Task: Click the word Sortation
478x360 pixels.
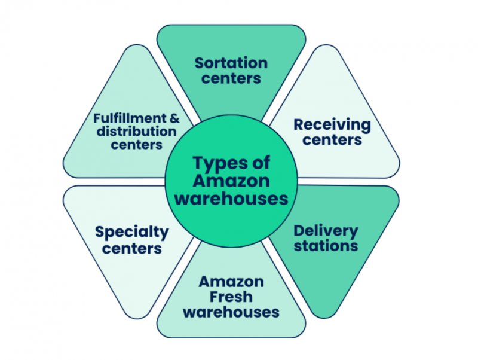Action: [231, 63]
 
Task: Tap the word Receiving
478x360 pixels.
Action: [332, 125]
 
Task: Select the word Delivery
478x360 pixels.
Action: [326, 231]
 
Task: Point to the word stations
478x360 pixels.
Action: [326, 245]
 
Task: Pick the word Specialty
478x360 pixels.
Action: [131, 232]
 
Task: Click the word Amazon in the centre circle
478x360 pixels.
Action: [231, 181]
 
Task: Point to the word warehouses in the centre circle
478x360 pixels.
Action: [231, 198]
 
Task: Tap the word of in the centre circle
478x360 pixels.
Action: [260, 163]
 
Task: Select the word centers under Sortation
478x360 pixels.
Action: [231, 78]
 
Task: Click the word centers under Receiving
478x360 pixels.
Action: [332, 140]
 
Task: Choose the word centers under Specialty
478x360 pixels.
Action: [131, 247]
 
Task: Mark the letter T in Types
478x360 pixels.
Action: [197, 162]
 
